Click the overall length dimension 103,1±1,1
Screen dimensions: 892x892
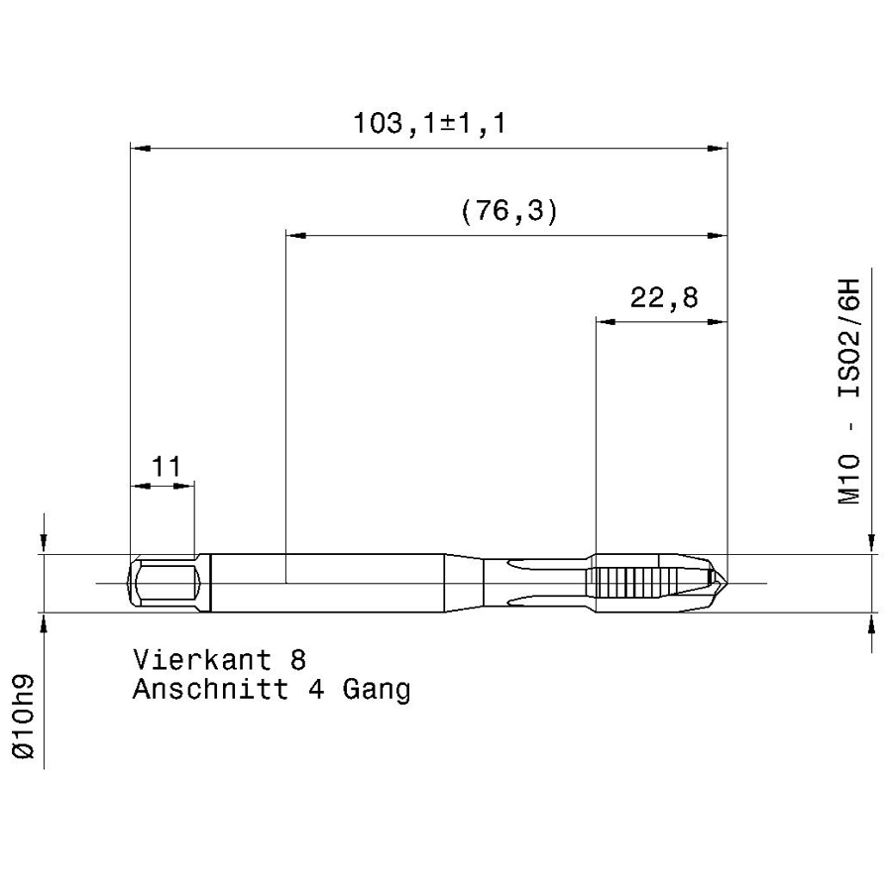[429, 124]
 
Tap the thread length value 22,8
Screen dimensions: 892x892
[664, 297]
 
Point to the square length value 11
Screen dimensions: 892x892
[166, 467]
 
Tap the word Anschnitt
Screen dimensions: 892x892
[210, 690]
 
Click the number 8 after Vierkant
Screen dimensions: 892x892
[298, 660]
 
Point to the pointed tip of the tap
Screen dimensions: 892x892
[726, 583]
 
